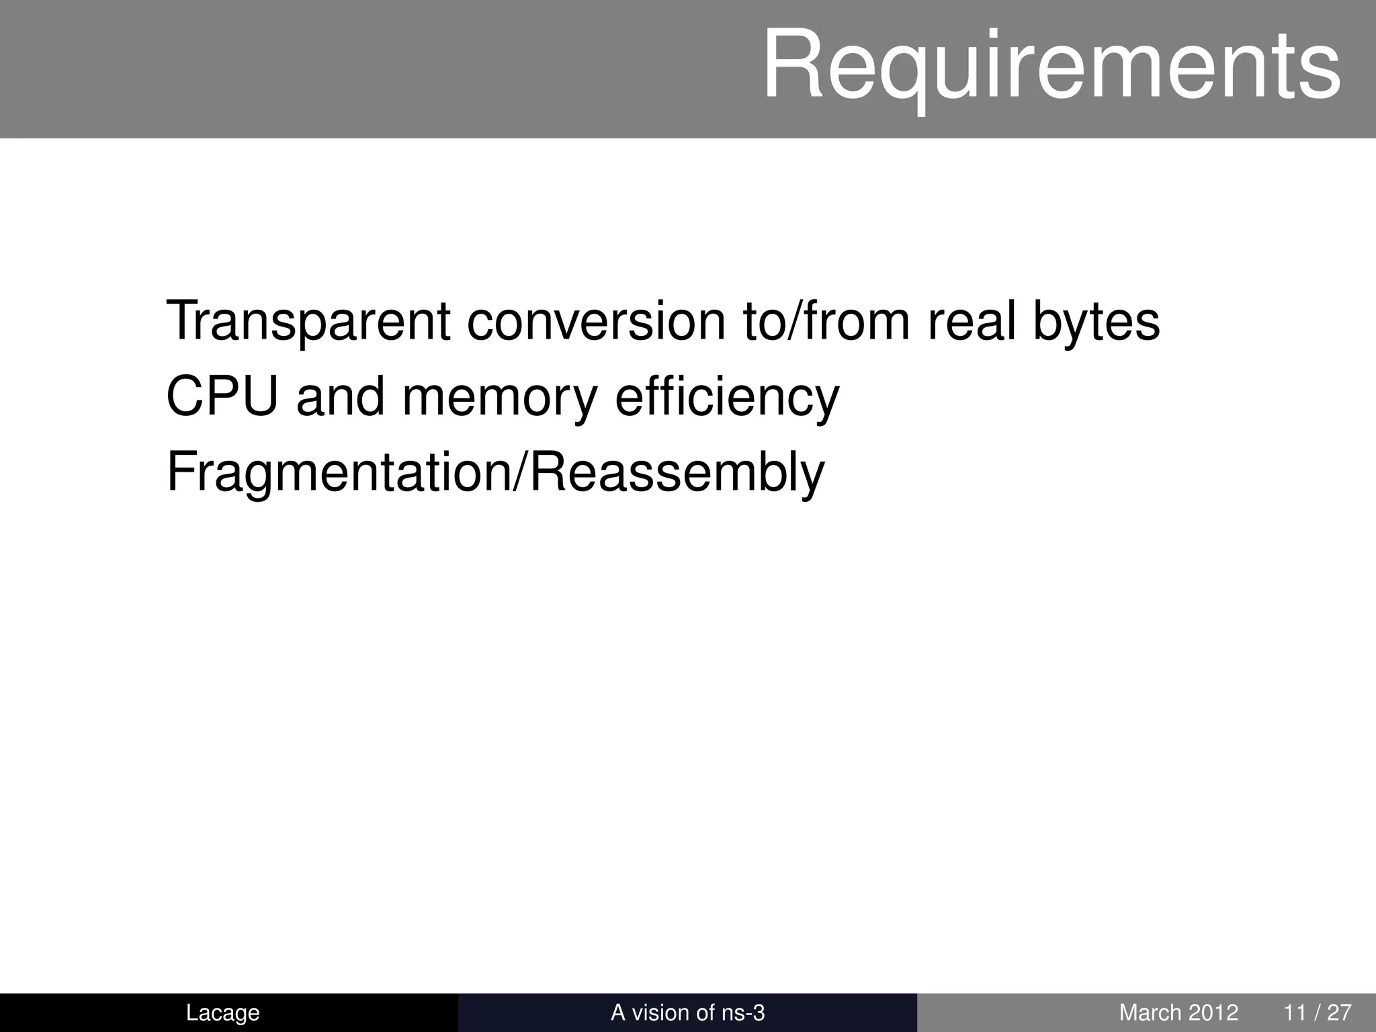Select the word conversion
coord(596,321)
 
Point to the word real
coord(972,321)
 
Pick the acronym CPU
coord(222,397)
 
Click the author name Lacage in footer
coord(222,1013)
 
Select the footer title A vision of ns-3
coord(687,1013)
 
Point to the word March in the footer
coord(1150,1013)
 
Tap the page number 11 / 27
coord(1318,1013)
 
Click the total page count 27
coord(1339,1013)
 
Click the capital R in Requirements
coord(794,66)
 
